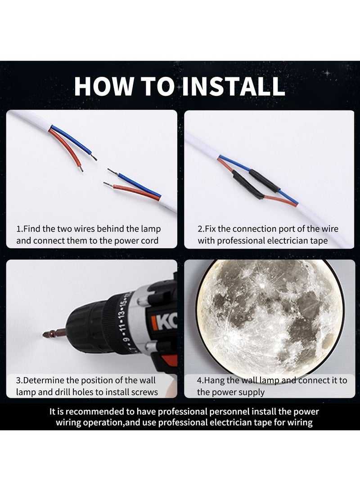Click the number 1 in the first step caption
18,229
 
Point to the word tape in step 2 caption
319,241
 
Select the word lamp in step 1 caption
151,229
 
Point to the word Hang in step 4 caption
215,380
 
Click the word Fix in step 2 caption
212,229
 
